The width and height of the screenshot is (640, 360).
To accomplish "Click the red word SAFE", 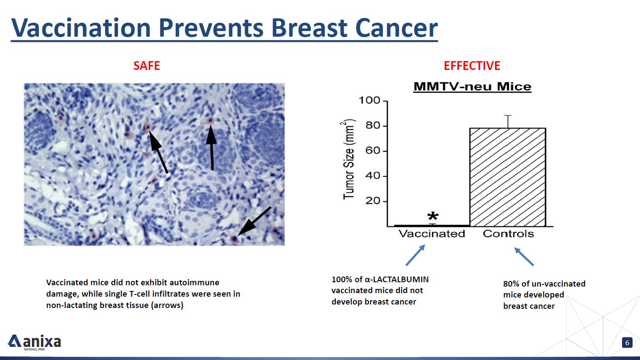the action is (x=147, y=66).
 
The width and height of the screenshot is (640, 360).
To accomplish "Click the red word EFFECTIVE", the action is (x=472, y=66).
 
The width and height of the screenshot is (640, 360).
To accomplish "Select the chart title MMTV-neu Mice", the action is (x=472, y=87).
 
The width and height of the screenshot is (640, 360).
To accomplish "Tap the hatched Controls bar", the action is (x=508, y=177).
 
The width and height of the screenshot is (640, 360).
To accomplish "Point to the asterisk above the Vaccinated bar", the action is (x=433, y=216).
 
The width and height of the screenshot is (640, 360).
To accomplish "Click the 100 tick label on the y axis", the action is (x=369, y=100).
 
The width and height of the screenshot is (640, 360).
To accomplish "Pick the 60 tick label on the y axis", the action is (x=372, y=151).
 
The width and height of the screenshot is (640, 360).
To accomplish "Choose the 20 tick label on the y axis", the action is (x=372, y=201).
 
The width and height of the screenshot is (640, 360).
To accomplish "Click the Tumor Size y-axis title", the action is (x=348, y=159).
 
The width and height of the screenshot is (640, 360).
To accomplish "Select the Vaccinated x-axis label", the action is (x=432, y=234).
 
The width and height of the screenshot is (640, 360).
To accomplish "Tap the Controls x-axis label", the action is (x=508, y=234).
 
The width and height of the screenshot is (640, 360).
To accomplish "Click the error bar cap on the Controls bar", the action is (x=507, y=115).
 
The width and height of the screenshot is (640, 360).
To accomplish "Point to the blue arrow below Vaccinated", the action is (x=416, y=255).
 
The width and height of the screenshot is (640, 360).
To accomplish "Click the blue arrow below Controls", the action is (x=524, y=256).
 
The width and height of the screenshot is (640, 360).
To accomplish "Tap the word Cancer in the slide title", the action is (x=396, y=28).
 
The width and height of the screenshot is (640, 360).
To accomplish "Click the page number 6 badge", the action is (x=627, y=343).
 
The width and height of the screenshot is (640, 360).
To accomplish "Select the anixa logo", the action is (x=34, y=342).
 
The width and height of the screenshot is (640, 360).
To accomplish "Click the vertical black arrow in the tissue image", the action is (x=211, y=148).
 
